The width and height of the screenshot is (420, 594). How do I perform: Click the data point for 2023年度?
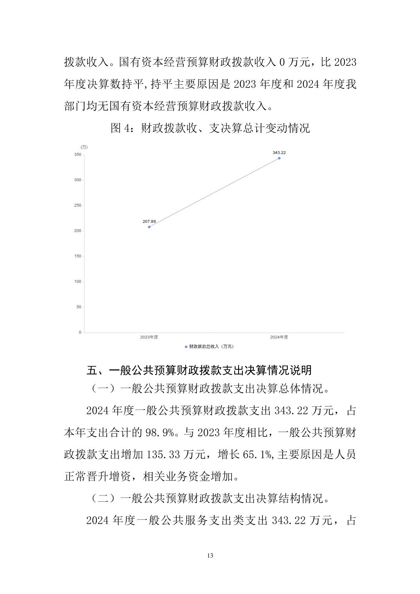(x=149, y=227)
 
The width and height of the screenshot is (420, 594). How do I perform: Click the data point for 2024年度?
(x=279, y=158)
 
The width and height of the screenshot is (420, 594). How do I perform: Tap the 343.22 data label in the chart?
(x=279, y=152)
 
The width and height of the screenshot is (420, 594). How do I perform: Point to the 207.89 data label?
(x=149, y=221)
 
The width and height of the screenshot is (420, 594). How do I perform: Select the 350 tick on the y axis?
(x=78, y=155)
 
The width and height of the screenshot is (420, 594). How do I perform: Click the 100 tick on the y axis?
(x=78, y=281)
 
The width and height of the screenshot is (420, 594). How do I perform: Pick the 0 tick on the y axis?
(x=80, y=332)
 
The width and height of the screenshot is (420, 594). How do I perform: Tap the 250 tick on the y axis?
(x=78, y=206)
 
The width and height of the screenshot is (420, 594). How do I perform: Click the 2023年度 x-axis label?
(x=149, y=337)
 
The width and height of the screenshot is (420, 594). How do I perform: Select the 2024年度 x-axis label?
(x=279, y=337)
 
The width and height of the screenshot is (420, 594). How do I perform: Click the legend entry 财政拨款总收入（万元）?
(x=210, y=346)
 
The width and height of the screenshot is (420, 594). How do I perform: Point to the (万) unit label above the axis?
(x=84, y=147)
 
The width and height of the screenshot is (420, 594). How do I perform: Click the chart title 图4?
(x=210, y=128)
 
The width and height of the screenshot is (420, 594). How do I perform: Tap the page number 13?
(x=210, y=556)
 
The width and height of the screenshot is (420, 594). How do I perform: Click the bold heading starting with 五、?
(x=199, y=370)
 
